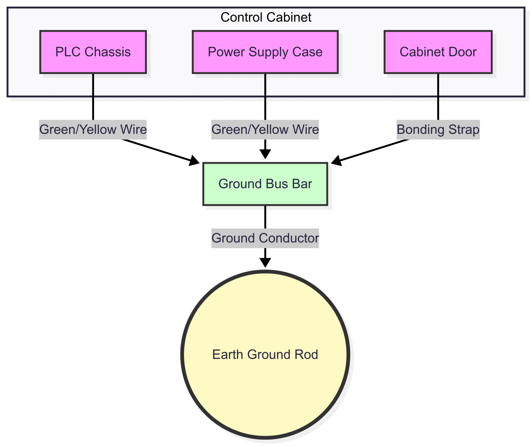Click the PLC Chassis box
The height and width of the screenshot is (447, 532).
(93, 52)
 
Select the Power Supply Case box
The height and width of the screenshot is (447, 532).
(265, 52)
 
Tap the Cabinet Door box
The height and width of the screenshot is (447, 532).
(438, 52)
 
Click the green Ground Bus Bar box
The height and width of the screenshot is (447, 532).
(265, 184)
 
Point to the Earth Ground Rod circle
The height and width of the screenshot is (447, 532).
(265, 355)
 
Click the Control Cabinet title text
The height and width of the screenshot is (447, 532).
(266, 17)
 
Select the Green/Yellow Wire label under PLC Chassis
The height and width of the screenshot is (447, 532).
(93, 129)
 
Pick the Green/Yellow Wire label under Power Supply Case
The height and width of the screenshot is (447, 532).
(265, 129)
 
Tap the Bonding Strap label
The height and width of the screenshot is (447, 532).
(438, 129)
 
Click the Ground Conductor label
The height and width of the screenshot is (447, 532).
(265, 238)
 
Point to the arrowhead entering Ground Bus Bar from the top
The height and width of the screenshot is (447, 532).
(265, 154)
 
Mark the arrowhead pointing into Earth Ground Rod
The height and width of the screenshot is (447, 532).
(265, 263)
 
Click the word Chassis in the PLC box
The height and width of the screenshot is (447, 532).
(108, 52)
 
